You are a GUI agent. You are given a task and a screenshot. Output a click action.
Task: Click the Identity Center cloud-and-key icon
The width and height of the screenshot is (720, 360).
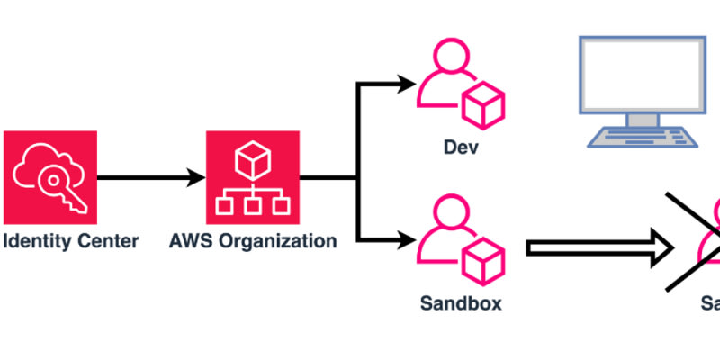click(x=49, y=177)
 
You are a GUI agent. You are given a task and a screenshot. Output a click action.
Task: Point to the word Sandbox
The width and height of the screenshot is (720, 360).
click(x=461, y=302)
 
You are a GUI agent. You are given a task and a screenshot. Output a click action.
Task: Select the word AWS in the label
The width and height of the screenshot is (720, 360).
click(x=191, y=241)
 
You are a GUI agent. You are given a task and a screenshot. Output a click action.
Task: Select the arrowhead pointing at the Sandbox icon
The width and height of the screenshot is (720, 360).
click(x=407, y=239)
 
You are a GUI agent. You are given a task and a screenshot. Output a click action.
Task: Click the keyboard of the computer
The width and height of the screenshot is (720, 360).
click(x=641, y=136)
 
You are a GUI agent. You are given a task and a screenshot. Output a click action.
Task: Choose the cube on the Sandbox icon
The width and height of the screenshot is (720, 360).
click(x=482, y=260)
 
